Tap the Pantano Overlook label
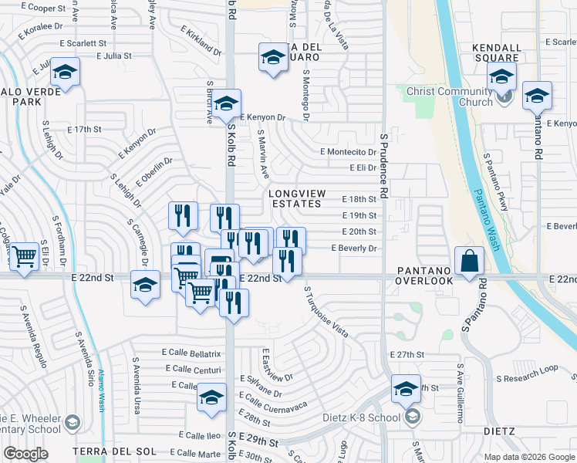click(x=424, y=275)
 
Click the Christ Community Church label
click(x=450, y=97)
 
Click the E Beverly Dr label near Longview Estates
click(x=353, y=248)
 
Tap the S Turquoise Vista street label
click(x=326, y=313)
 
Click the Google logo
click(x=25, y=453)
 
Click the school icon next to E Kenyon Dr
click(x=226, y=103)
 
